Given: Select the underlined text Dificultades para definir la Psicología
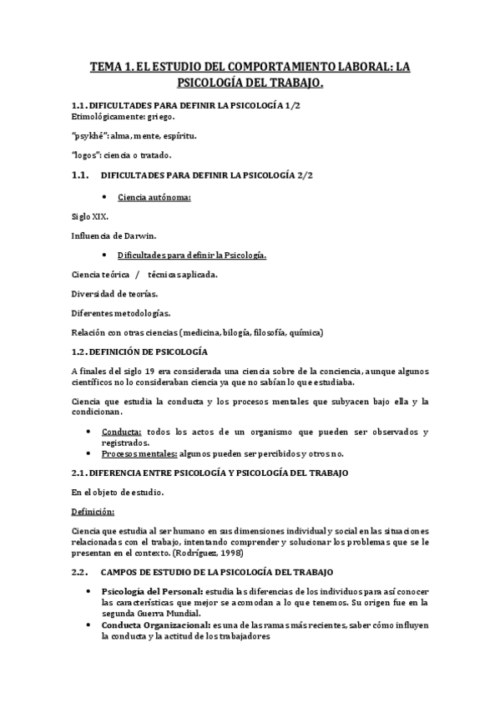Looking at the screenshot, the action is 203,255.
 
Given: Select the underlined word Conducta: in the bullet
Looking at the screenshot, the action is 121,432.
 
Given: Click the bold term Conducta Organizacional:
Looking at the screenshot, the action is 155,625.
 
